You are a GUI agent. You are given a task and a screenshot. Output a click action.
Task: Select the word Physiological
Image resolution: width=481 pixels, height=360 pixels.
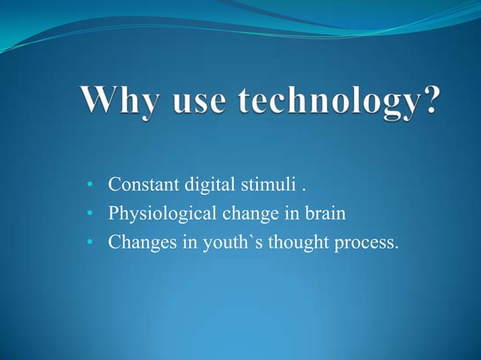(162, 215)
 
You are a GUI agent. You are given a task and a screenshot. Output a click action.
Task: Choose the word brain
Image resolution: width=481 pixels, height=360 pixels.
(324, 215)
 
